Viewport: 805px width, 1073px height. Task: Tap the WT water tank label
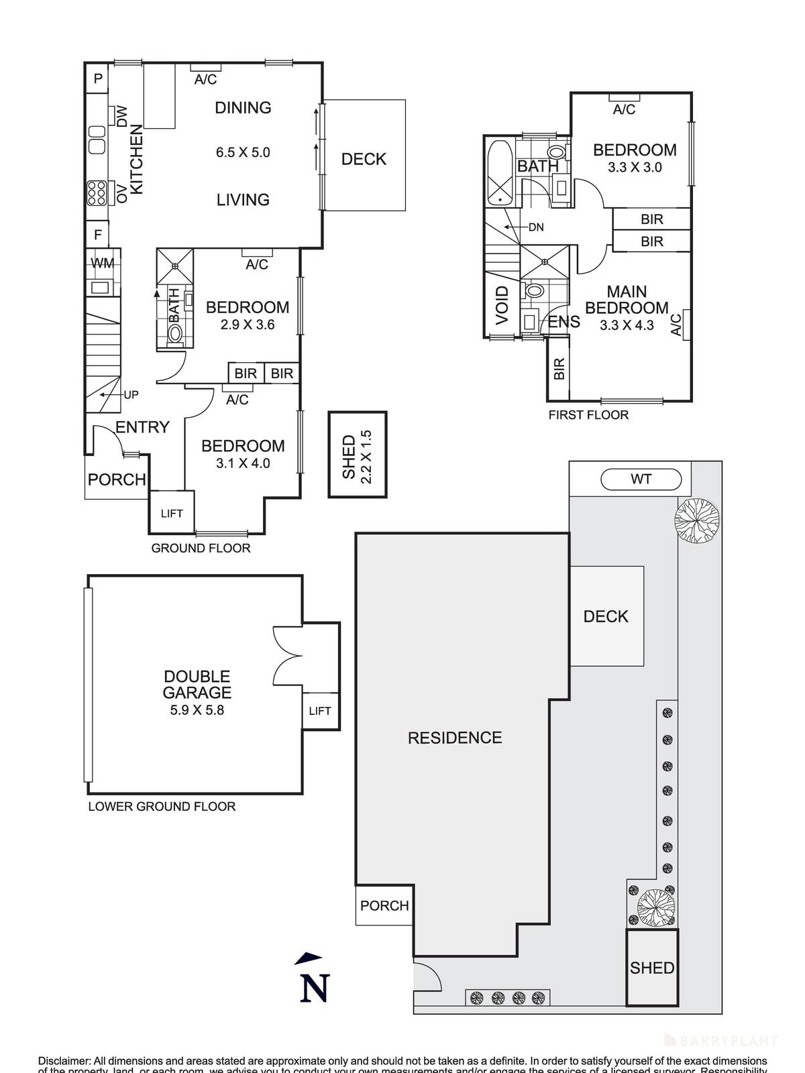tap(641, 479)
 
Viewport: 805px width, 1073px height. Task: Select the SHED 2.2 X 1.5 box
tap(357, 454)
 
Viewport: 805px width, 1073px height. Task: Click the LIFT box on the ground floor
tap(172, 513)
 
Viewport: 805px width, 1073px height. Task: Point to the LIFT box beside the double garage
tap(320, 711)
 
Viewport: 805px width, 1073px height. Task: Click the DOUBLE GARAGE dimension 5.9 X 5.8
tap(197, 710)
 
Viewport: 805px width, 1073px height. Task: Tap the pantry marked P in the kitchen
tap(98, 79)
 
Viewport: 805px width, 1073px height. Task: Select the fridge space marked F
tap(98, 235)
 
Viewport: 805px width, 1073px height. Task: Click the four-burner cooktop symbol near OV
tap(96, 194)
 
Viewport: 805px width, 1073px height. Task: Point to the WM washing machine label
tap(102, 264)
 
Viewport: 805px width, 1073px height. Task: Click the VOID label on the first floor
tap(502, 306)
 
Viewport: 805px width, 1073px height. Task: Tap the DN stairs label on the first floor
tap(535, 227)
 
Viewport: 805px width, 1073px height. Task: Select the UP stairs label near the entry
tap(131, 395)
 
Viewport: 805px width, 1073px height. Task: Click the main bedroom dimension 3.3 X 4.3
tap(627, 326)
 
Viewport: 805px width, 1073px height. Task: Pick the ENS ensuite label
tap(563, 322)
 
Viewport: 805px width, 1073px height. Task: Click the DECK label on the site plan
tap(606, 616)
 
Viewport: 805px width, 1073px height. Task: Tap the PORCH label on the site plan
tap(384, 906)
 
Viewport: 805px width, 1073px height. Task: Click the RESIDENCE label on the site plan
tap(455, 738)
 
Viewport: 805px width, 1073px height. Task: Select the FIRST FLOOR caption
tap(588, 415)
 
